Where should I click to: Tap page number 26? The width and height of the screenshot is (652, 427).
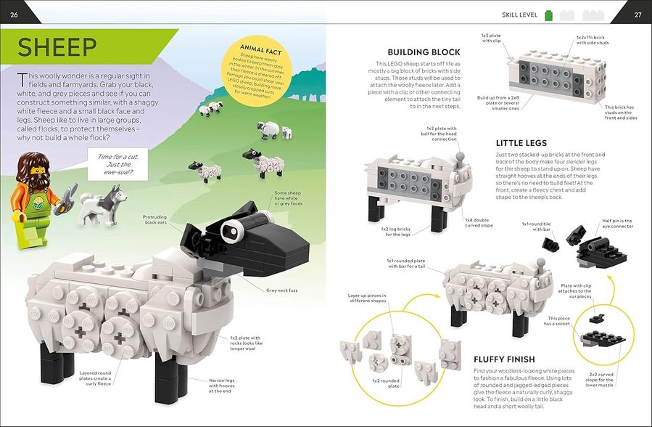click(x=14, y=14)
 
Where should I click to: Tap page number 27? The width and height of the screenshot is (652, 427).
click(x=637, y=14)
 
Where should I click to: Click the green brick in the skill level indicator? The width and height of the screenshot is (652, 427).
click(x=549, y=14)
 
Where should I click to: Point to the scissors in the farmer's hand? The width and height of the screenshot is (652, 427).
click(x=68, y=194)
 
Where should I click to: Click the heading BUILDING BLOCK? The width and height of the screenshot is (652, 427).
click(x=424, y=52)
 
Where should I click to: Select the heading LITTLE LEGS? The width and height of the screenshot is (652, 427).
click(x=521, y=143)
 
